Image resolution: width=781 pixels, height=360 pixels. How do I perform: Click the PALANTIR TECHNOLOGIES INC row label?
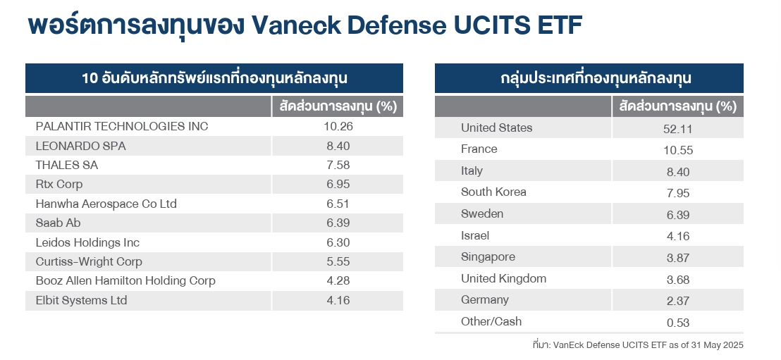point(122,127)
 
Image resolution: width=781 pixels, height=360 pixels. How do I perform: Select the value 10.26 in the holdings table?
point(337,127)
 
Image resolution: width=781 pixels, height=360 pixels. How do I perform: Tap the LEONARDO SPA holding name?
point(80,147)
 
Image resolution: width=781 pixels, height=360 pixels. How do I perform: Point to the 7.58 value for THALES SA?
point(337,166)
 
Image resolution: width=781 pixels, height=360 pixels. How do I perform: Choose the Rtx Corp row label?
point(59,185)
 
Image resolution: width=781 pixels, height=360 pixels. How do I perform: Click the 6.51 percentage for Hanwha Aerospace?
point(337,204)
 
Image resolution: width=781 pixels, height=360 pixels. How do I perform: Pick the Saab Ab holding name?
point(59,223)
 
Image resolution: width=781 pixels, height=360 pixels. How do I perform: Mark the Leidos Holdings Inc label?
point(87,243)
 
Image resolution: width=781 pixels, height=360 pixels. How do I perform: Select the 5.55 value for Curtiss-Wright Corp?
point(337,262)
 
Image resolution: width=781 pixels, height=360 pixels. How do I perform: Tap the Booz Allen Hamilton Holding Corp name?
point(125,281)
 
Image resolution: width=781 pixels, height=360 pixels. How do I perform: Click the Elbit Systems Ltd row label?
point(81,301)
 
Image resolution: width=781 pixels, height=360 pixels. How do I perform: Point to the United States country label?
point(496,128)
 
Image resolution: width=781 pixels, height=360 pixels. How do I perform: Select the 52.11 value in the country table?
point(677,129)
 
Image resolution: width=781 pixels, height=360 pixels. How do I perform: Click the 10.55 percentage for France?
point(677,150)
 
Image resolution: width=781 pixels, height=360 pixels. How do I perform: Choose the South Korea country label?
point(493,192)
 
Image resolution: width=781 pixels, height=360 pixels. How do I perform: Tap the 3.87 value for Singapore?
point(677,259)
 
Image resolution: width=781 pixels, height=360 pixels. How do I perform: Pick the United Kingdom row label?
point(503,279)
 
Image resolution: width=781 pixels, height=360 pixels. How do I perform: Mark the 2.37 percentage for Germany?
point(677,302)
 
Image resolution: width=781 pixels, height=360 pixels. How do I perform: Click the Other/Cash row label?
point(491,322)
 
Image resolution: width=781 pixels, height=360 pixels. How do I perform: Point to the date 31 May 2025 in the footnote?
point(716,345)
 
